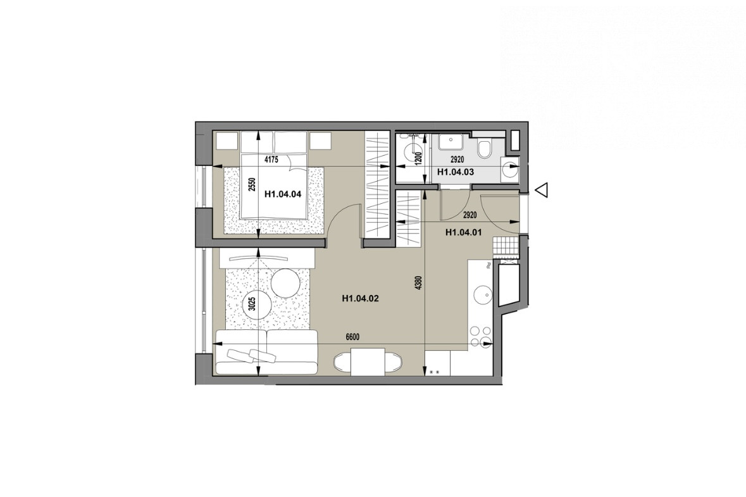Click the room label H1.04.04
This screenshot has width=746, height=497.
tap(283, 194)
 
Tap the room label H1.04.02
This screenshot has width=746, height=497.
tap(360, 299)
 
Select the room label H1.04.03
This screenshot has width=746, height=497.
tap(456, 172)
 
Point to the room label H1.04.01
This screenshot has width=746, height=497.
tap(464, 233)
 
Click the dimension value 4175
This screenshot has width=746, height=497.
tap(271, 160)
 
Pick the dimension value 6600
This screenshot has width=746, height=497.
tap(352, 337)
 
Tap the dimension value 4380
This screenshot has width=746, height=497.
tap(418, 283)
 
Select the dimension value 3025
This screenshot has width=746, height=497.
tap(252, 304)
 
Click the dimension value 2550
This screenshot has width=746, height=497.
tap(252, 185)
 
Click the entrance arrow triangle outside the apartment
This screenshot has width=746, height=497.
tap(542, 190)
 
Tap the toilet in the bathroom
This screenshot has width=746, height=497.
tap(485, 149)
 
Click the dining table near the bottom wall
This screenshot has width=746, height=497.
tap(367, 362)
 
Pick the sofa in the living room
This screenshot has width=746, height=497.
tap(266, 353)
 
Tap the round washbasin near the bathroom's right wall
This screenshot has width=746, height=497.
tap(509, 168)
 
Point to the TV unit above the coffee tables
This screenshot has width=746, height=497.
tap(266, 259)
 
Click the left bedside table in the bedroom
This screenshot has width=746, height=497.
tap(227, 141)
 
